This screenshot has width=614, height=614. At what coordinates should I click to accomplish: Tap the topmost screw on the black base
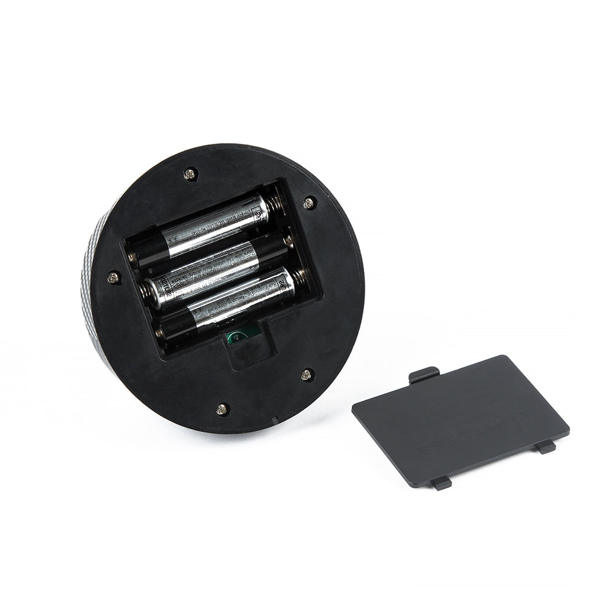(x=190, y=174)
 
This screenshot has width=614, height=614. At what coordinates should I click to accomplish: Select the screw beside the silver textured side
(x=112, y=278)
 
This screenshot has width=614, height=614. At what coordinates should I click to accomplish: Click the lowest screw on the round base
(x=222, y=408)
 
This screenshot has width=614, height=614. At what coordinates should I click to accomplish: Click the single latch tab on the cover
(x=424, y=373)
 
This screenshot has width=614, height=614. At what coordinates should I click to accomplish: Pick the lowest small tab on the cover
(x=440, y=483)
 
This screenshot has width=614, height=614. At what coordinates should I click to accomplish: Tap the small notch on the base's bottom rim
(x=273, y=421)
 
